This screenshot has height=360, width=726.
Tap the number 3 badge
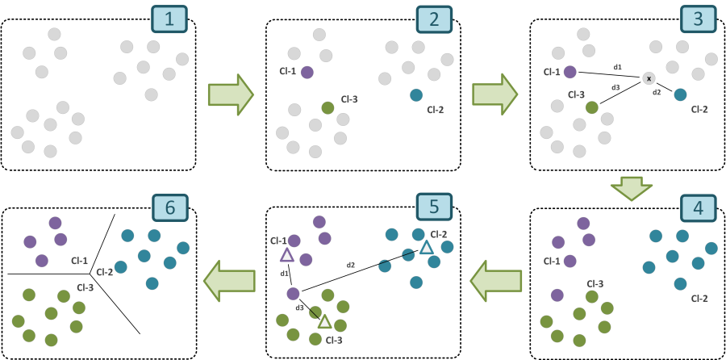coord(697,19)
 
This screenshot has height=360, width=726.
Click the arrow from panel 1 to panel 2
coord(231,93)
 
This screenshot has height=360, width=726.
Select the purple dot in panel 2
coord(307,72)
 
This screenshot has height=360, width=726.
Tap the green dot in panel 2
coord(328,107)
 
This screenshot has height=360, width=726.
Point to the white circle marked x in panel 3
coord(649,78)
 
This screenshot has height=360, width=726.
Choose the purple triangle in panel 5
coord(286,255)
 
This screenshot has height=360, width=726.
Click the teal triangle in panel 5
coord(426,247)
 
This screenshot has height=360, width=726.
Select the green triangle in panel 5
coord(324,321)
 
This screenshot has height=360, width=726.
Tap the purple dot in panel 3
coord(570,72)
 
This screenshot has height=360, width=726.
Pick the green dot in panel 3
coord(591,107)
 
